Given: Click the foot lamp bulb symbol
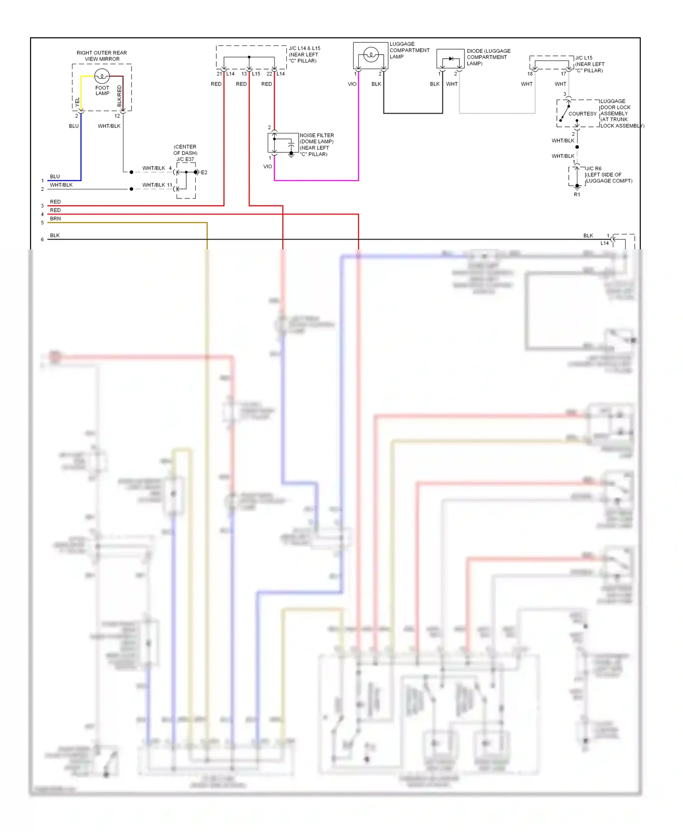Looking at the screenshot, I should (x=102, y=76).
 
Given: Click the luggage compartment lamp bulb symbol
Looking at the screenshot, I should (x=371, y=55).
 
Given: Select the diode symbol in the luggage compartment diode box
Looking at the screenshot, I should (x=451, y=59).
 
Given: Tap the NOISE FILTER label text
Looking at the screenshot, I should (x=316, y=135).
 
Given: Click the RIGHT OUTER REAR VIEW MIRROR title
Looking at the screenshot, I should (x=102, y=56).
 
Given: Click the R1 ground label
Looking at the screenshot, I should (x=577, y=194).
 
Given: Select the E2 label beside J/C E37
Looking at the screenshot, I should (x=204, y=172).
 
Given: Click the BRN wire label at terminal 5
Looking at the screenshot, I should (x=55, y=218).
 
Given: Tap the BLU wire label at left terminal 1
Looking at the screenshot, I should (x=55, y=177).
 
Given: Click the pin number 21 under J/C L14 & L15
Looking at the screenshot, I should (x=219, y=74).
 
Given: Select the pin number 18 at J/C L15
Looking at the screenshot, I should (x=530, y=74).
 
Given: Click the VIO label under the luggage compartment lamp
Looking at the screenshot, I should (x=352, y=84).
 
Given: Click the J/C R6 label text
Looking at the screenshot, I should (x=593, y=168).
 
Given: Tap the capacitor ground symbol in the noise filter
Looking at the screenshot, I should (x=291, y=155).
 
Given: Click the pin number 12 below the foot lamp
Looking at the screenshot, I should (x=117, y=116).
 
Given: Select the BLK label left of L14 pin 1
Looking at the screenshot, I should (x=588, y=236).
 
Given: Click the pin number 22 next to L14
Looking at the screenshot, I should (x=269, y=74).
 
